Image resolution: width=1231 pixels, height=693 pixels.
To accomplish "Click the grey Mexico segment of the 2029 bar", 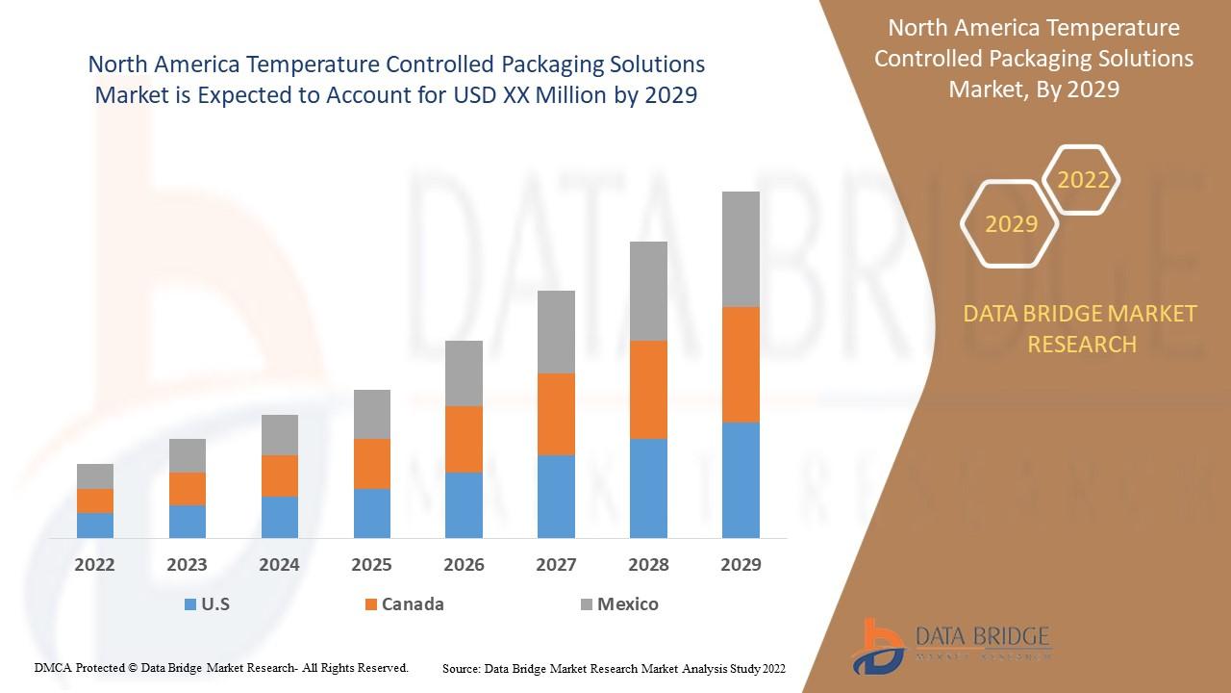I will (x=741, y=248).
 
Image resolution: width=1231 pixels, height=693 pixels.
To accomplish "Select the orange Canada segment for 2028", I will (x=648, y=389).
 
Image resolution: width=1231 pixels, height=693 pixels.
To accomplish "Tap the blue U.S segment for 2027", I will (x=556, y=496).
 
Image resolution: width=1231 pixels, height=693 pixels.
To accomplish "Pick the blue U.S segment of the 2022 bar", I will (x=95, y=525).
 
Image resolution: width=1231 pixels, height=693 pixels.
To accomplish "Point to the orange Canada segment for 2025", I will (x=372, y=463).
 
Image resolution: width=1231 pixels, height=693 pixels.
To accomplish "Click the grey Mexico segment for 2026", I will (x=464, y=372).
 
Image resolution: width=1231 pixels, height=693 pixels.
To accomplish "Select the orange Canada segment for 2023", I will (x=188, y=488).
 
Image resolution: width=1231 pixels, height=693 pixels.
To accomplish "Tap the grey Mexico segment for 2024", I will (x=280, y=434).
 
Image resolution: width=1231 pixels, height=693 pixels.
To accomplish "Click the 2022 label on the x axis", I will (x=94, y=565).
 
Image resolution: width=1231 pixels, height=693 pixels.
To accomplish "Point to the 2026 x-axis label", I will (x=464, y=565).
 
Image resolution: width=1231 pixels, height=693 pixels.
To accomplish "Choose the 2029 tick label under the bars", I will (x=741, y=565).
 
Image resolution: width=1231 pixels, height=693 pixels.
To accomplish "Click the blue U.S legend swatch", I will (x=190, y=604).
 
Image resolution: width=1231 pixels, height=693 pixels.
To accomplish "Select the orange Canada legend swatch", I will (x=370, y=604).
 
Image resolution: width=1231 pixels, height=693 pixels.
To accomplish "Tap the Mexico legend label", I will (x=627, y=604).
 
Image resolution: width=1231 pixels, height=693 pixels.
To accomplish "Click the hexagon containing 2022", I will (x=1083, y=180).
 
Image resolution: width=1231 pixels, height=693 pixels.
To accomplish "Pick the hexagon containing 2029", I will (x=1011, y=224).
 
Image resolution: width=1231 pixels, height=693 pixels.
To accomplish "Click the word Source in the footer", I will (x=462, y=668).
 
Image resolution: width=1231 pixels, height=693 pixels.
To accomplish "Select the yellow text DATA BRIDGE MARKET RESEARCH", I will (x=1081, y=328).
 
